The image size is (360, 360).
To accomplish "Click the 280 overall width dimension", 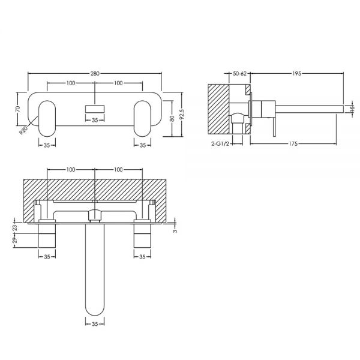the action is click(95, 73).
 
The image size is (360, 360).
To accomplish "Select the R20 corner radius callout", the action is click(23, 130).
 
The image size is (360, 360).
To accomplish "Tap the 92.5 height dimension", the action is click(182, 115).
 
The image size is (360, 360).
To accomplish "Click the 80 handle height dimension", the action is click(172, 118).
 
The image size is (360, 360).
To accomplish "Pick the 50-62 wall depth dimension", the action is click(239, 73).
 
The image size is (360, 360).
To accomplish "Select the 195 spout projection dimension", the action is click(296, 73).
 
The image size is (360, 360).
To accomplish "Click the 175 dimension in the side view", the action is click(293, 144).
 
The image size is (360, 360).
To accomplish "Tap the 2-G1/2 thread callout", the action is click(220, 144).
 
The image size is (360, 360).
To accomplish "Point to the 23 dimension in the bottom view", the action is click(14, 228).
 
